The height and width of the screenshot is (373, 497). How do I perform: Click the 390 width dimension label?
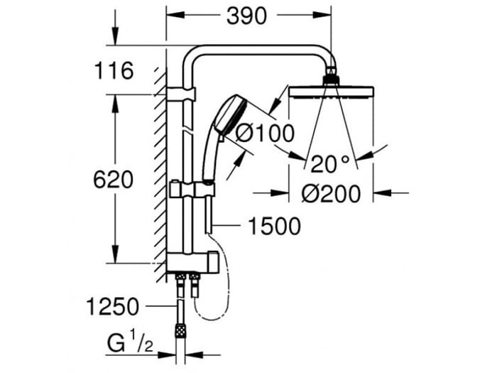(246, 16)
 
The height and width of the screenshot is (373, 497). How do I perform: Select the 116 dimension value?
(114, 71)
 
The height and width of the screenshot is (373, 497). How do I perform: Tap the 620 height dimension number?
(113, 180)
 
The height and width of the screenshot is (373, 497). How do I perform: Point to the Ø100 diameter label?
(265, 133)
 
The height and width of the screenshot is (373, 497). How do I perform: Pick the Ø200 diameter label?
(331, 193)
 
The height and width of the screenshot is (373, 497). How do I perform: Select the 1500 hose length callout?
(274, 226)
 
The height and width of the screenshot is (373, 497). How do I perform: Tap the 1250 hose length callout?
(113, 307)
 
